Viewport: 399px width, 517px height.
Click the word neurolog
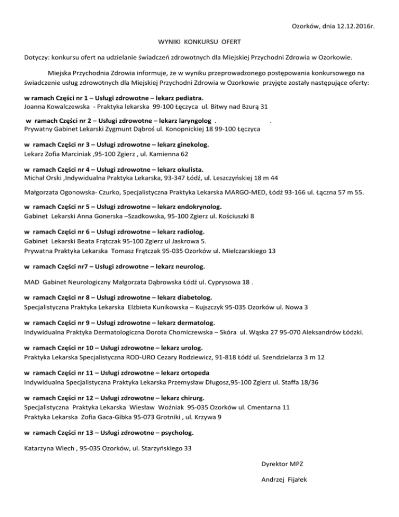190,267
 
